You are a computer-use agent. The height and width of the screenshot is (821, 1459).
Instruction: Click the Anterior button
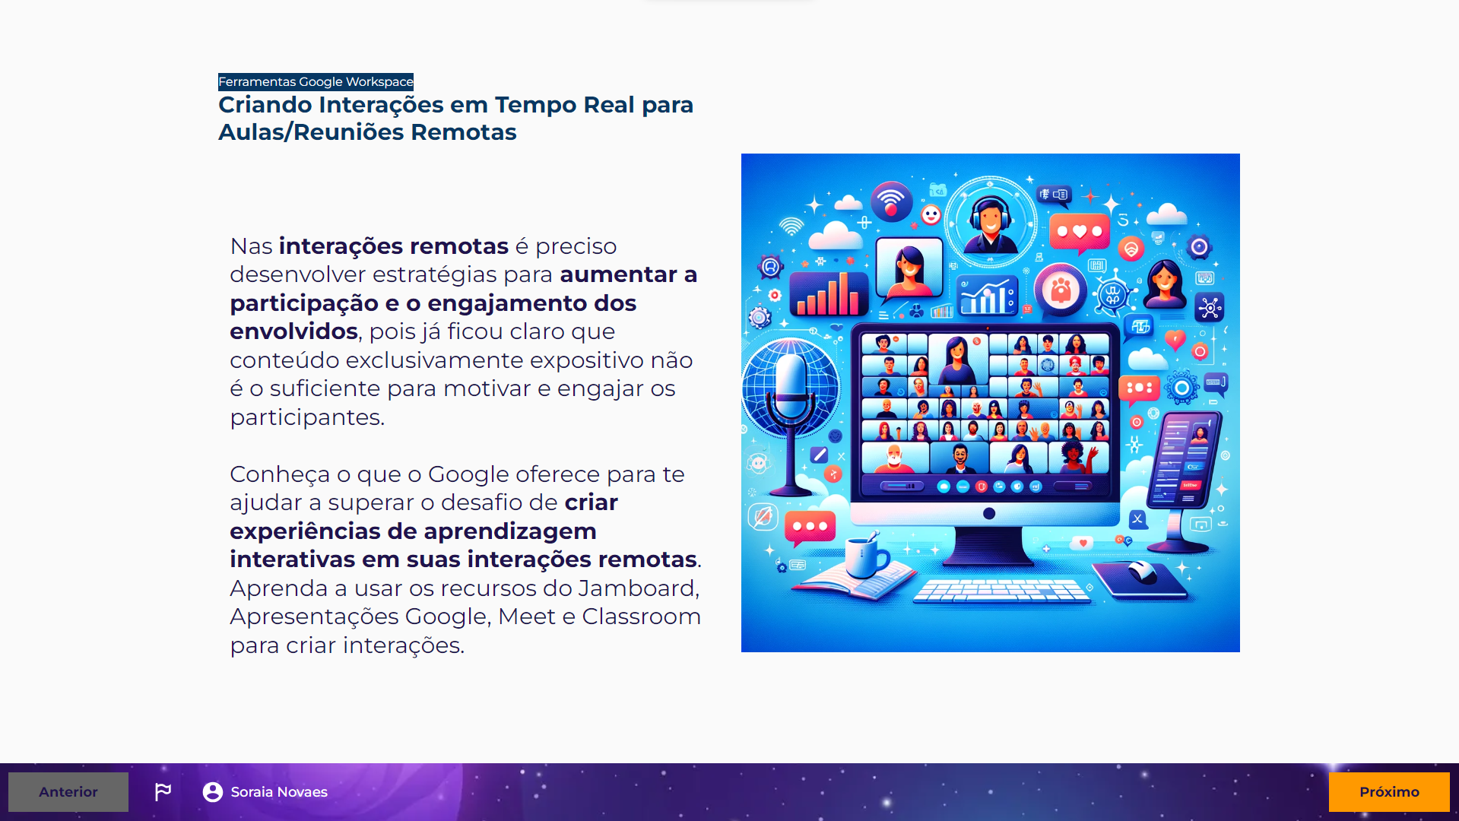[x=68, y=792]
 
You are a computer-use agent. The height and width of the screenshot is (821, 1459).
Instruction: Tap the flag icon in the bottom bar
[x=163, y=792]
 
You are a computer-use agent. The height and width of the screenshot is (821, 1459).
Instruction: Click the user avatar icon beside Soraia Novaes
[x=213, y=792]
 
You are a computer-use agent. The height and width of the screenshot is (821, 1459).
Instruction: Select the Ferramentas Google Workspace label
[x=316, y=81]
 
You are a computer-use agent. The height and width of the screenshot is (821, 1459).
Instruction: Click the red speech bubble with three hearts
[x=1079, y=232]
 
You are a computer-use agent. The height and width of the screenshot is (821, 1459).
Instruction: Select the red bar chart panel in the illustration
[x=828, y=293]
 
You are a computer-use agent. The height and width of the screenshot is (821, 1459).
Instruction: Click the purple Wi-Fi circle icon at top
[x=891, y=201]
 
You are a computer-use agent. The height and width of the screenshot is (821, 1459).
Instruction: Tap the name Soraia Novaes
[x=279, y=792]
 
